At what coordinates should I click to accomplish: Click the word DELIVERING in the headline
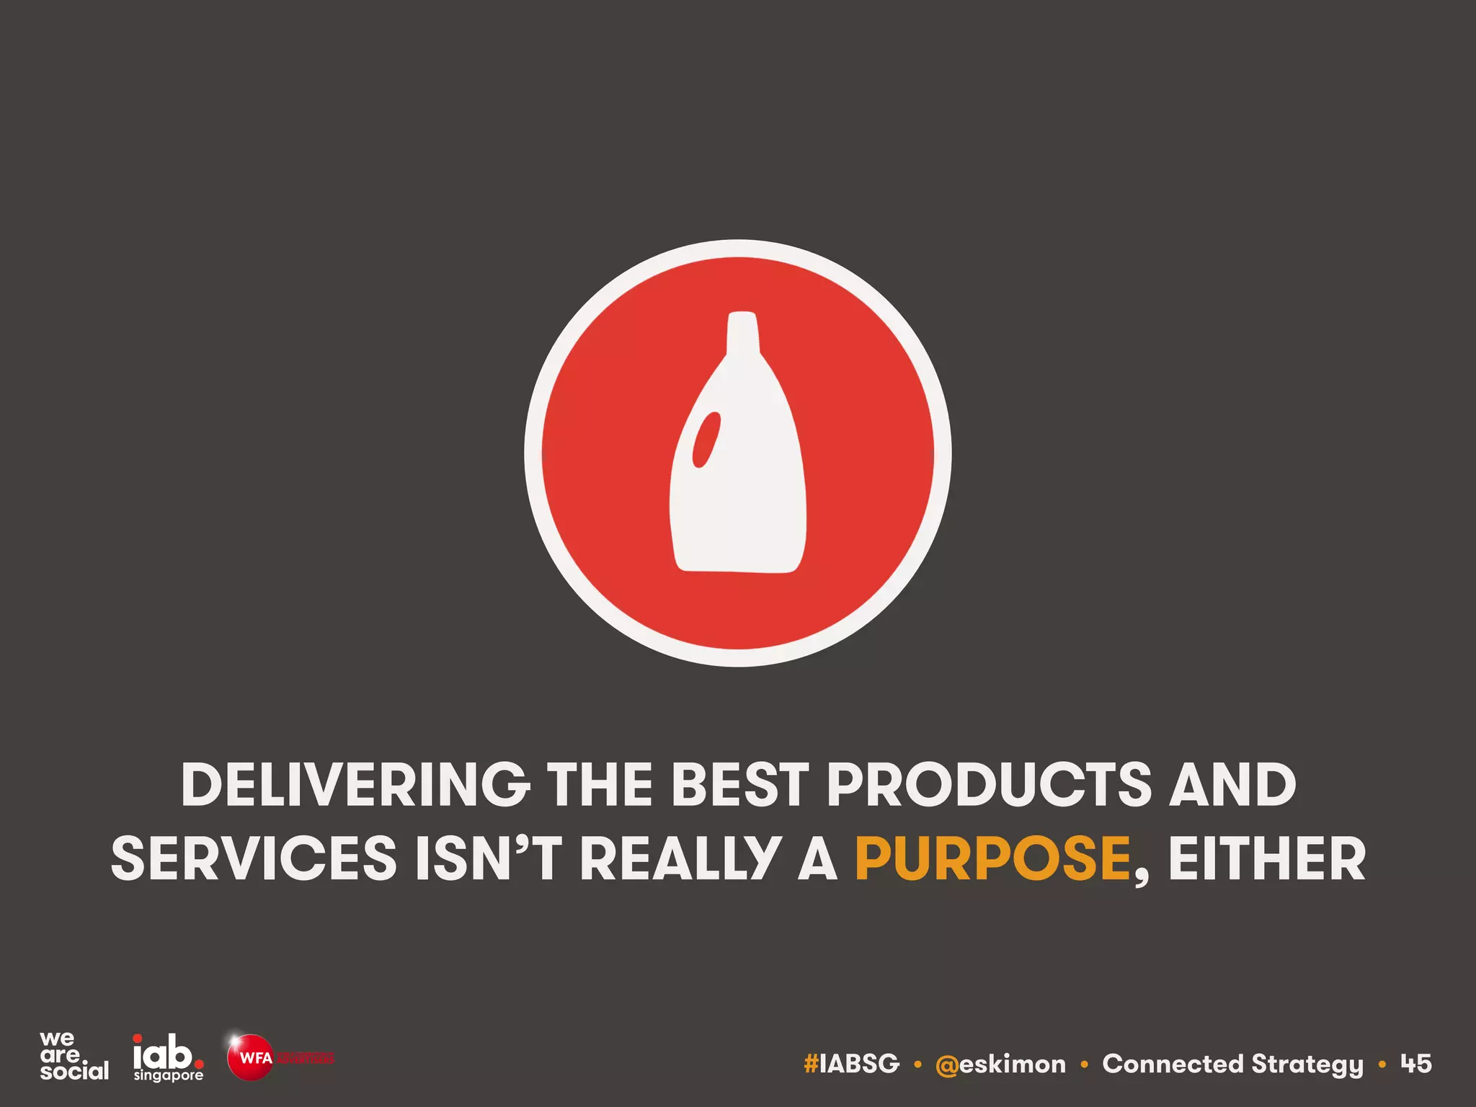[x=354, y=785]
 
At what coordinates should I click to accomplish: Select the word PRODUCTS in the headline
[x=990, y=785]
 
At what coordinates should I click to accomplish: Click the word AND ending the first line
[x=1232, y=785]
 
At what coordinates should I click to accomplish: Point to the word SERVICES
[x=254, y=859]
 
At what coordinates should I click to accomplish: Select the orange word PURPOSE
[x=993, y=859]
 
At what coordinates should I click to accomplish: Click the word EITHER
[x=1267, y=859]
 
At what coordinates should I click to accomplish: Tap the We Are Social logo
[x=74, y=1056]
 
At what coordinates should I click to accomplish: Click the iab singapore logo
[x=168, y=1057]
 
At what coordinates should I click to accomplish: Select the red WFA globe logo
[x=250, y=1057]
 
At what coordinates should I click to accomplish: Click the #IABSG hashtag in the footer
[x=851, y=1064]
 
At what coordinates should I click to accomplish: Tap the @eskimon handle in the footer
[x=1000, y=1064]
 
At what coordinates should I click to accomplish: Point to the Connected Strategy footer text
[x=1232, y=1064]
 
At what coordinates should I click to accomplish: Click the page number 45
[x=1415, y=1063]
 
